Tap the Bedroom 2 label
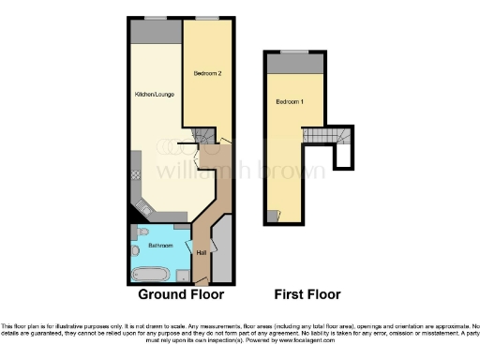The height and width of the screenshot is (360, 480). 206,72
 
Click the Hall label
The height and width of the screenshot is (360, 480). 202,251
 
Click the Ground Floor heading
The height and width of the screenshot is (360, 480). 181,294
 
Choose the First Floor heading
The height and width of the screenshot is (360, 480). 302,294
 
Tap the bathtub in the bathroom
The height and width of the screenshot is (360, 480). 149,275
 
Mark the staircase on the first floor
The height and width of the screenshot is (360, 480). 344,146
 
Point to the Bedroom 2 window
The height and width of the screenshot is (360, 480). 207,18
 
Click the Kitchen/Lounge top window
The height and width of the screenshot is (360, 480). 150,18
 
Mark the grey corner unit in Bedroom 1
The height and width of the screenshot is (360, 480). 272,215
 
